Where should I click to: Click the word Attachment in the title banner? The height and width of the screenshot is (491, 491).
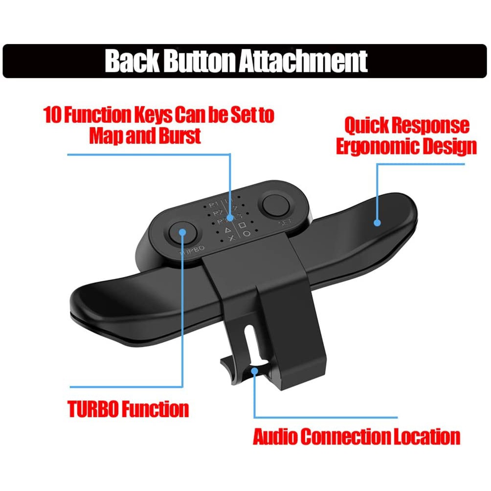coord(303,61)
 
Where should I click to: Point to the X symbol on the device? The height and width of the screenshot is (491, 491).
coord(231,238)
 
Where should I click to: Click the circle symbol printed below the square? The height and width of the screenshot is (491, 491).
coord(247,234)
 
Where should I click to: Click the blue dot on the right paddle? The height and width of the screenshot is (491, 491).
coord(377,223)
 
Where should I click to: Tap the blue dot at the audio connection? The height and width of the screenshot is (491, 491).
coord(254,371)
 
